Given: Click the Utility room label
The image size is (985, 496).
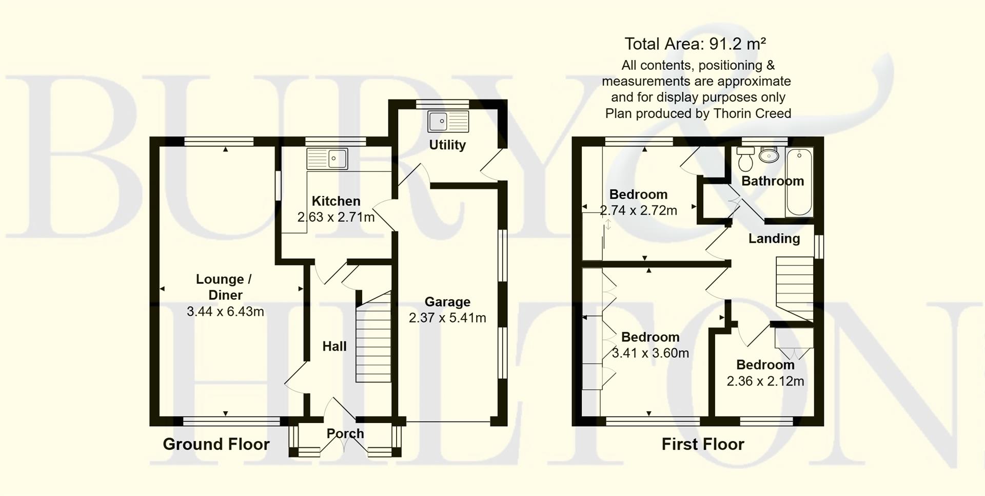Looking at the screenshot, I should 447,145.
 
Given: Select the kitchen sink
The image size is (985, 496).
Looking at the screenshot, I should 327,159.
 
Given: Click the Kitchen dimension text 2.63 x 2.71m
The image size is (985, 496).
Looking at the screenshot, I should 336,217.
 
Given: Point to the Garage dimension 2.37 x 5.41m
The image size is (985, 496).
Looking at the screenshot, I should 447,318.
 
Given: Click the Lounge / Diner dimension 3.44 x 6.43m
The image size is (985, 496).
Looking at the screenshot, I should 225,311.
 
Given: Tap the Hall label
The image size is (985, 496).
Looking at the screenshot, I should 334,347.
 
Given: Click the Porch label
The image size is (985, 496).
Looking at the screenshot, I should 345,433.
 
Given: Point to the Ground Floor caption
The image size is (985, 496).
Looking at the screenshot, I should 216,444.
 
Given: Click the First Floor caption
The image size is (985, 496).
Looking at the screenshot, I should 702,444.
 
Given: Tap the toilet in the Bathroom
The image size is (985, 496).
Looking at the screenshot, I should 744,159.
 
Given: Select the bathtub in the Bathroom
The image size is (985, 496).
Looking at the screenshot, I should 799,182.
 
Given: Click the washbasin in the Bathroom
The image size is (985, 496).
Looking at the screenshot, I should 769,155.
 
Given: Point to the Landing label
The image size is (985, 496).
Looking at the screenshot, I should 774,239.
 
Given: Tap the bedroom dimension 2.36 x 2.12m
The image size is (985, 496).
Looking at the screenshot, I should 765,381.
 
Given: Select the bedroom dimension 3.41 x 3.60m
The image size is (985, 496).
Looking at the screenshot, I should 651,353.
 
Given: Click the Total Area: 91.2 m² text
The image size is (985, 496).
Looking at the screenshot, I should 695,44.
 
